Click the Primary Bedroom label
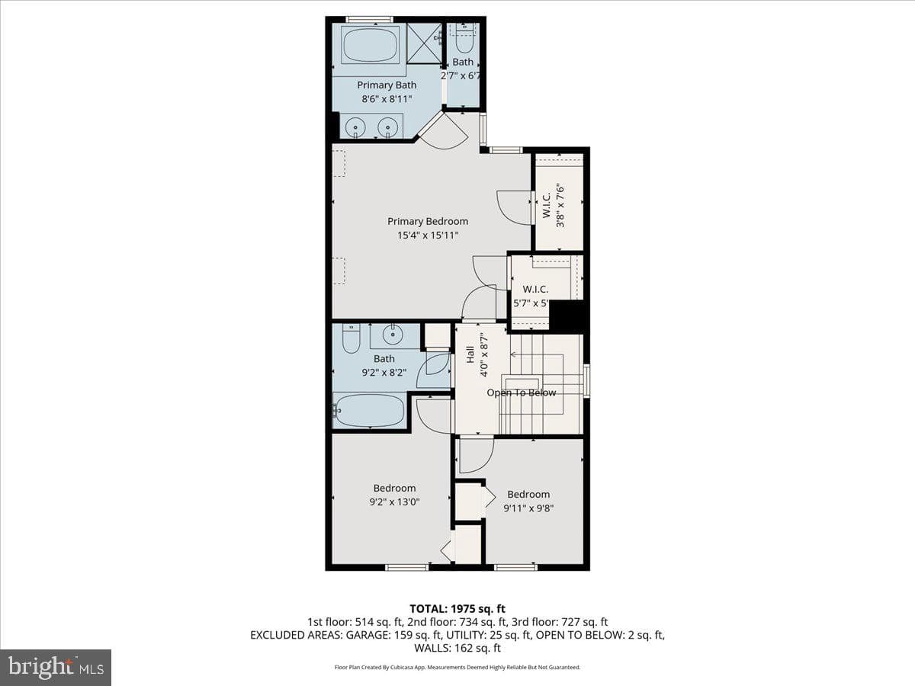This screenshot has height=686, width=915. pos(428,222)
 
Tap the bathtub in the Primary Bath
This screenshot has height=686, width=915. pos(373,44)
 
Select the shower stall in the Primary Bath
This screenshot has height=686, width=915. pos(424,43)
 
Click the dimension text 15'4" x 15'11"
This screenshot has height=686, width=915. pos(428,236)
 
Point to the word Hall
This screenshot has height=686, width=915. pos(470,354)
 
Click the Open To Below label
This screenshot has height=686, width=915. pos(521,393)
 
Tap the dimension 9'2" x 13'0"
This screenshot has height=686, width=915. pos(394,502)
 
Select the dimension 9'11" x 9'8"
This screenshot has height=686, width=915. pos(528,508)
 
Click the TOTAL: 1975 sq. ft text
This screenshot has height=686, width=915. pos(457,609)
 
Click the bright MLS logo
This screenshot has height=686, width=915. pos(56,667)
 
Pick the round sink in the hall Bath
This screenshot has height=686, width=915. pos(392,334)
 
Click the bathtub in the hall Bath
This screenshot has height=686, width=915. pos(370,410)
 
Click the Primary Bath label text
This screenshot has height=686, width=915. pos(387,85)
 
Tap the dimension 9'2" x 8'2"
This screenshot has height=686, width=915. pos(384,373)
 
